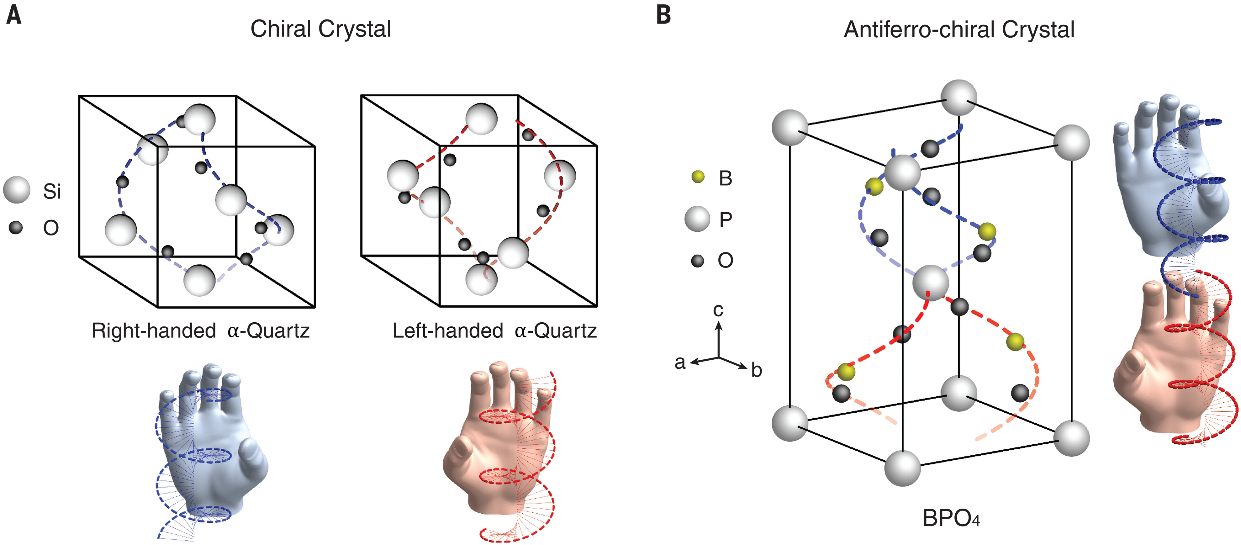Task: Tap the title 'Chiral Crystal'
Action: pos(320,29)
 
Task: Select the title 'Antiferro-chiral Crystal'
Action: pos(959,30)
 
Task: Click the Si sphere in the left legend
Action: pos(16,190)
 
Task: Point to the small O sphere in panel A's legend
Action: pos(16,227)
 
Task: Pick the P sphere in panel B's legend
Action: pos(697,219)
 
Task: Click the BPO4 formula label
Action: pos(950,518)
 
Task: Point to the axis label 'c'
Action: pos(718,310)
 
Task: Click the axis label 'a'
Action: pos(680,362)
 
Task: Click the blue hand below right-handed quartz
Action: pos(212,448)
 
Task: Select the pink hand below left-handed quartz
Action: pos(496,443)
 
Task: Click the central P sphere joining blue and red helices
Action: pos(930,283)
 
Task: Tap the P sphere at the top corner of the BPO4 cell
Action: pos(959,98)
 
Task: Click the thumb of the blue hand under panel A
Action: pos(253,453)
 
